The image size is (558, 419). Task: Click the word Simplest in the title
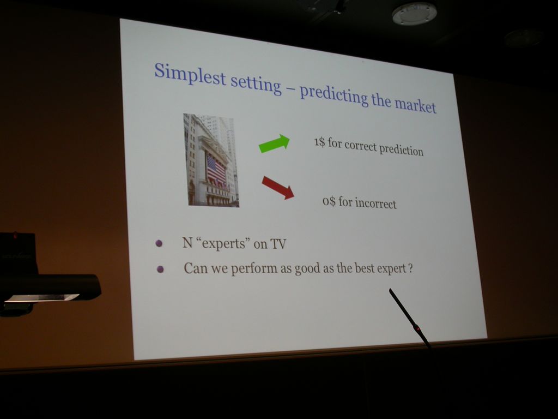[x=190, y=74]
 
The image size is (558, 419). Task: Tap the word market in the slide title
[x=415, y=105]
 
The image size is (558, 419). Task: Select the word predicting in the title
[x=334, y=93]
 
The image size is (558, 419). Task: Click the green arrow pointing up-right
[x=274, y=143]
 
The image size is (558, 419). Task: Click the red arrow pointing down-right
[x=278, y=188]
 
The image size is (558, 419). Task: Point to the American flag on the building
[x=216, y=169]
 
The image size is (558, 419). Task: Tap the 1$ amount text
[x=319, y=142]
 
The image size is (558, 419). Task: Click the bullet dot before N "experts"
[x=159, y=244]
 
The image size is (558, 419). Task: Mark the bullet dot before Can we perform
[x=160, y=270]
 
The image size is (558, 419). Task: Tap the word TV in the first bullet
[x=278, y=244]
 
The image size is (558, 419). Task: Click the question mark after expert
[x=411, y=267]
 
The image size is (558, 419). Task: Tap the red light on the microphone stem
[x=418, y=329]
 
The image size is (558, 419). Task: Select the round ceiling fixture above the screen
[x=414, y=14]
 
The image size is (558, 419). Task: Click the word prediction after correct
[x=401, y=149]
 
